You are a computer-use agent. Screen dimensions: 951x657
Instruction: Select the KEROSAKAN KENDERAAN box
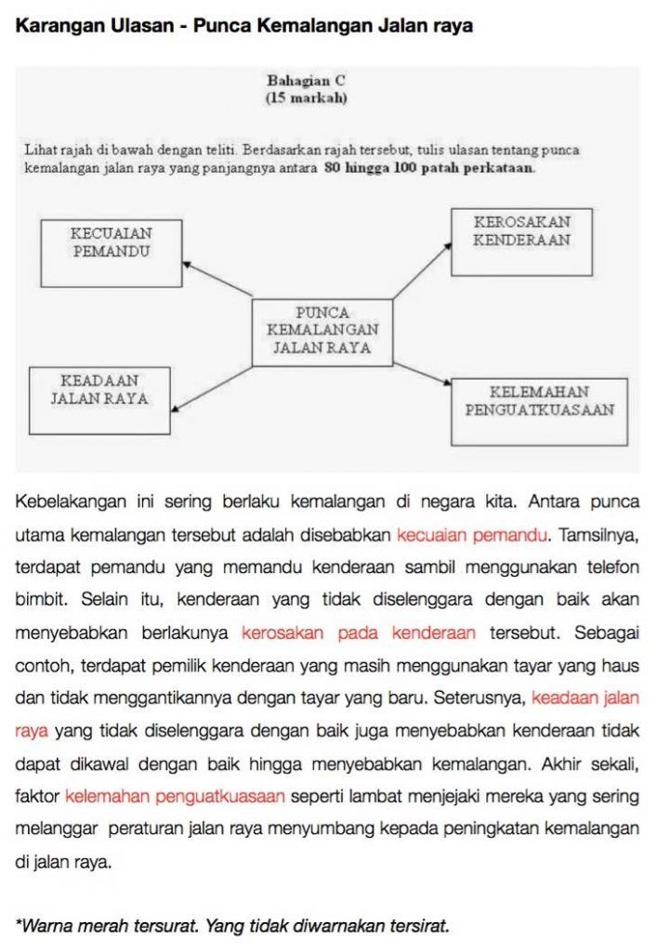point(521,241)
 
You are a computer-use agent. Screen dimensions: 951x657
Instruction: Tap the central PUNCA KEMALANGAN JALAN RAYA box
point(322,332)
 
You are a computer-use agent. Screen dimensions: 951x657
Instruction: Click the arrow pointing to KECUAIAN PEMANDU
point(217,279)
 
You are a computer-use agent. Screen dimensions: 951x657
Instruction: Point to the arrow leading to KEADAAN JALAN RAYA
point(212,386)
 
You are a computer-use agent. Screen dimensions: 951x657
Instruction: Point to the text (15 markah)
point(307,98)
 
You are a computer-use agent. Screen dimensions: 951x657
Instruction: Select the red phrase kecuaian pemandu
point(473,535)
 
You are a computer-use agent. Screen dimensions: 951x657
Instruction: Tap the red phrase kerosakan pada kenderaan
point(358,632)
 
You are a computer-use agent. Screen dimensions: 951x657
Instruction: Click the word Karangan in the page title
point(56,26)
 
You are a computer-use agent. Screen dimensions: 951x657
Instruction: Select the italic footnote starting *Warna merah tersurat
point(232,925)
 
